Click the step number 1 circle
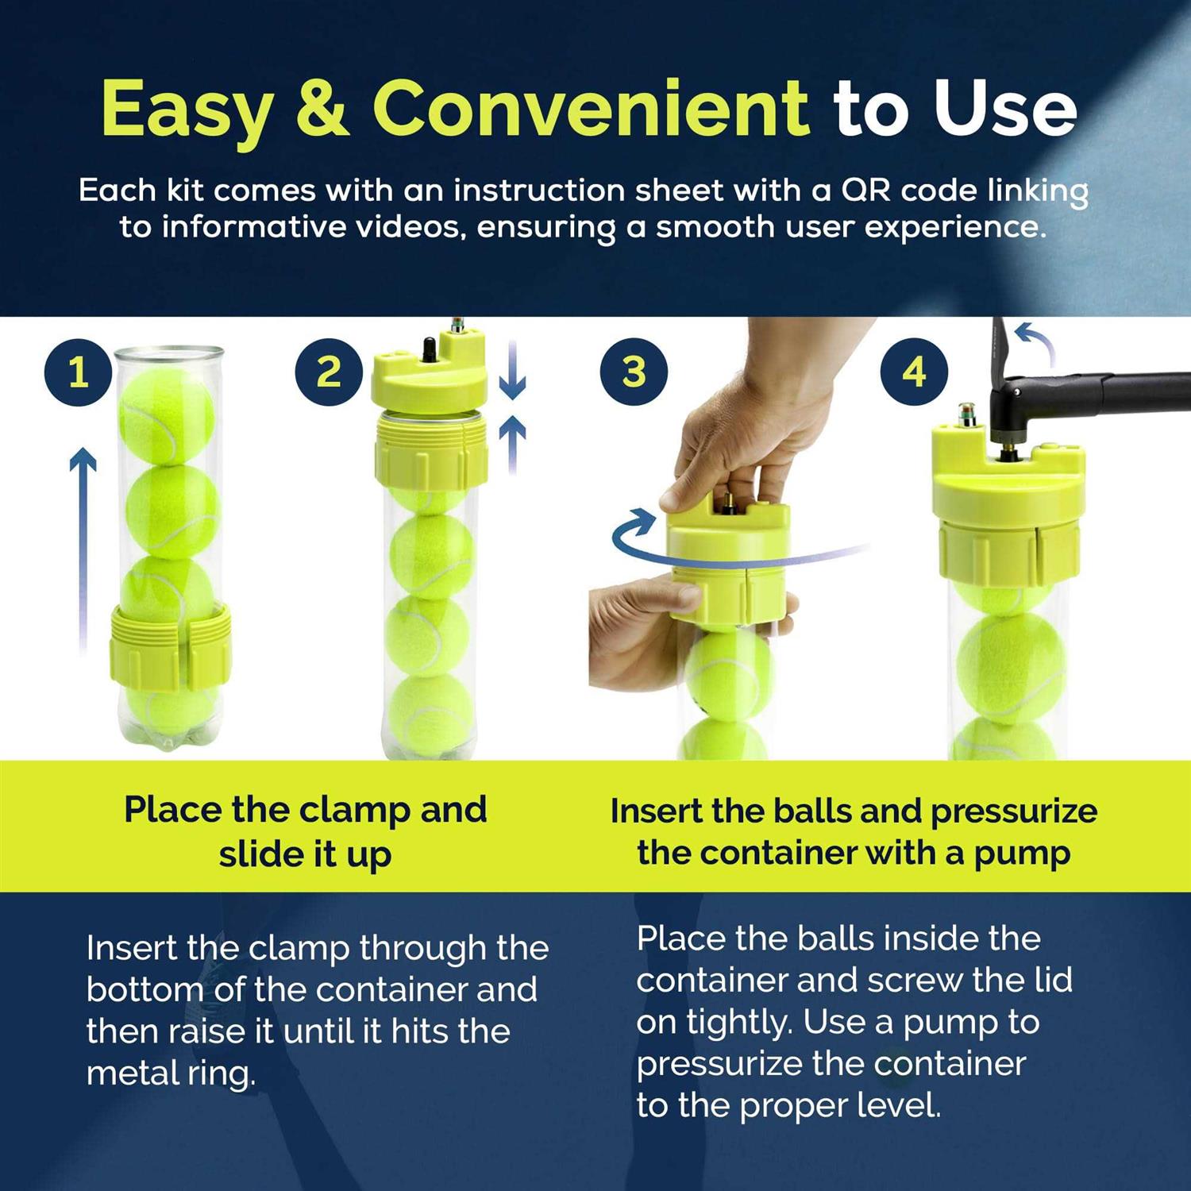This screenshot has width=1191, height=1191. coord(78,372)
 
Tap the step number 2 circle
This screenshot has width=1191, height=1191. coord(328,372)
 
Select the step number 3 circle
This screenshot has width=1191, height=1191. coord(634,372)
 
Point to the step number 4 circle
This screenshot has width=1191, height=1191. coord(914,372)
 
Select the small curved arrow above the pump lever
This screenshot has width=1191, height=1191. coord(1036,341)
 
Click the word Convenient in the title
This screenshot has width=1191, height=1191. coord(591,109)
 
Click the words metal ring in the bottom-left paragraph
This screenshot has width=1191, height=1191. coord(171,1073)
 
